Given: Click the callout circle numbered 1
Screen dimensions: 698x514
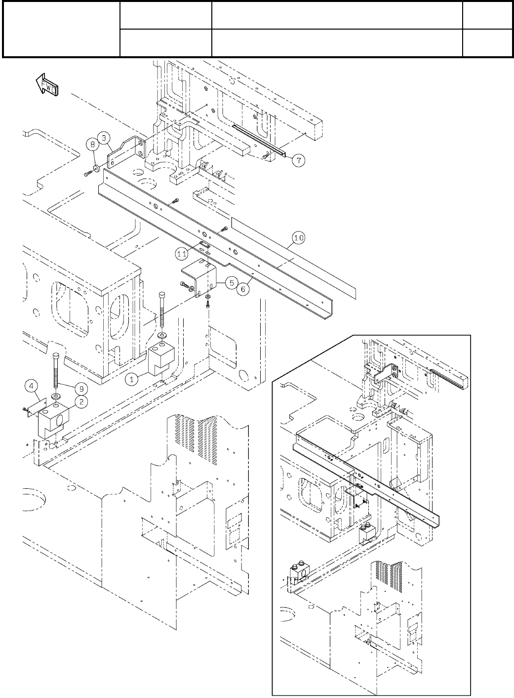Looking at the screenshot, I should (131, 379).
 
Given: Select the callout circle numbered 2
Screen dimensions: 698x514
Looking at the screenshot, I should (81, 401).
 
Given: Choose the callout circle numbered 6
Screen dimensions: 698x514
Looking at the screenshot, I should (243, 290).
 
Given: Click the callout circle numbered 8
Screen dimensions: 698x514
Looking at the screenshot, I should (92, 145).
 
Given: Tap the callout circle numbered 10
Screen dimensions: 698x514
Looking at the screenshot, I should (299, 238).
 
